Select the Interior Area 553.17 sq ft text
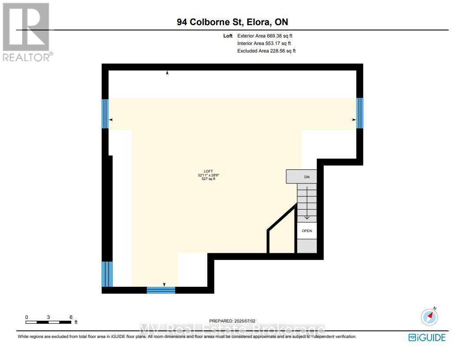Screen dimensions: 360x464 (264, 43)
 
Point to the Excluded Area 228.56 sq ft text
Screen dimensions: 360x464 (266, 51)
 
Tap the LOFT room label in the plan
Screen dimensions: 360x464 (208, 171)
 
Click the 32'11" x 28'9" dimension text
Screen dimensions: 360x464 (208, 175)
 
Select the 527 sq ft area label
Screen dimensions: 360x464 (208, 179)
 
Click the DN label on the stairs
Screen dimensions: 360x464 (307, 177)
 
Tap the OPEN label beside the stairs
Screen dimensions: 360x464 (307, 231)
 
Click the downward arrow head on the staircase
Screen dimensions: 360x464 (307, 217)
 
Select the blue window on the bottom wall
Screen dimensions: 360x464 (161, 290)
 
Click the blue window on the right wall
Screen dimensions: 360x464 (359, 113)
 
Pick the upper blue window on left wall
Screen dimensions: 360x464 (105, 113)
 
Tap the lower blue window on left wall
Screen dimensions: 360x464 (107, 274)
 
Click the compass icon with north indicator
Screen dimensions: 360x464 (430, 316)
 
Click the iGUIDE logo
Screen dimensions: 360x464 (427, 337)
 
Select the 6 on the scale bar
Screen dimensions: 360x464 (71, 317)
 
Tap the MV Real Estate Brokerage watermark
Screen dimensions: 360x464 (232, 330)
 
